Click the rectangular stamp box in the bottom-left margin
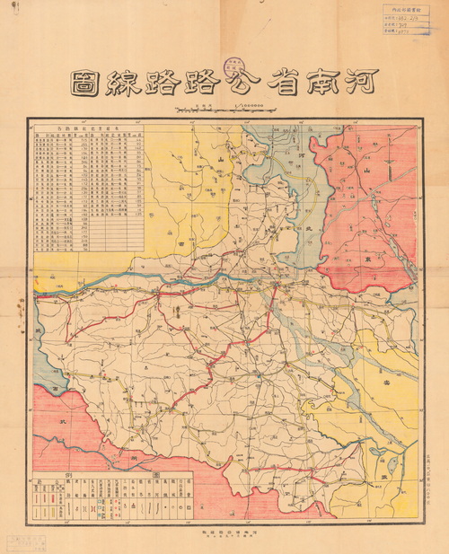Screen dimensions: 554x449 [x=31, y=540]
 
